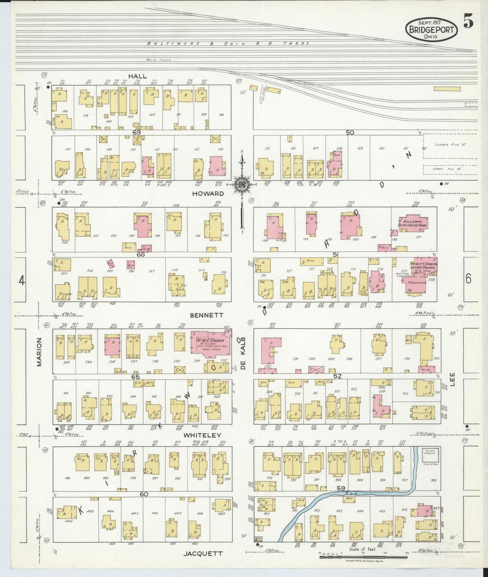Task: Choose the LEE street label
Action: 452,379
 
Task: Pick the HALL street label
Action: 137,76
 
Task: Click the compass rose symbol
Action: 242,184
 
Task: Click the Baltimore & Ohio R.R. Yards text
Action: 228,44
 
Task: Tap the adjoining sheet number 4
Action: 22,281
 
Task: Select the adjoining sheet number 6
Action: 468,279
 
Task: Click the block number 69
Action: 136,133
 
